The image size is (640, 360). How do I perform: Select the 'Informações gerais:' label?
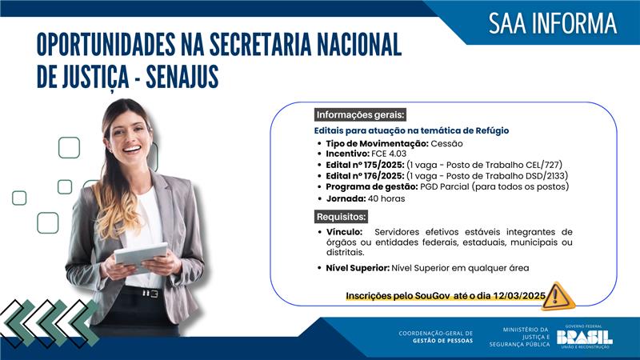[x=360, y=114]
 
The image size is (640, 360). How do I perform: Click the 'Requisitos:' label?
[x=342, y=217]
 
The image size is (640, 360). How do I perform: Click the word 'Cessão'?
[x=446, y=142]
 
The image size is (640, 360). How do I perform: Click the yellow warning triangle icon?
[x=558, y=295]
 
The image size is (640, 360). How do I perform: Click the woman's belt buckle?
[x=150, y=293]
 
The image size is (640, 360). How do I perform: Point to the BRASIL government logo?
[x=584, y=337]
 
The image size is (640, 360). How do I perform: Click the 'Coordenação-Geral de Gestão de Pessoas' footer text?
[x=435, y=337]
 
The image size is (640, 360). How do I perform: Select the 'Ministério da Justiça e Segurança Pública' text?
[x=526, y=337]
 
